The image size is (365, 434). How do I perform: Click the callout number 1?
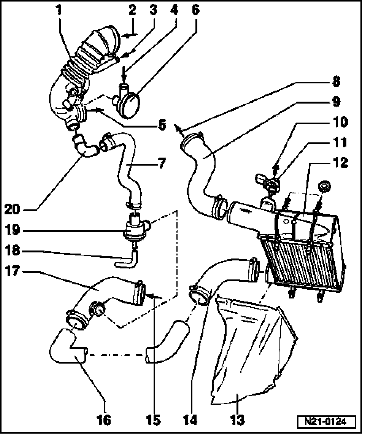(59, 10)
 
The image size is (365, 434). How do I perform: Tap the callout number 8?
(336, 81)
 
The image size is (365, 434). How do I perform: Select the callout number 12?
(340, 163)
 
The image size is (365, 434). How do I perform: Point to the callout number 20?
(12, 209)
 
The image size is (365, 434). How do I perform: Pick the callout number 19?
(12, 230)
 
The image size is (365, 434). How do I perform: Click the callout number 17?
(12, 271)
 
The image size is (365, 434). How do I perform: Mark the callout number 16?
(104, 420)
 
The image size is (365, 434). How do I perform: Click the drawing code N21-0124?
(326, 422)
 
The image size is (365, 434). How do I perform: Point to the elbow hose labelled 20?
(84, 145)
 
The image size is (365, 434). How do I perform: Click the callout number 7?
(162, 163)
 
